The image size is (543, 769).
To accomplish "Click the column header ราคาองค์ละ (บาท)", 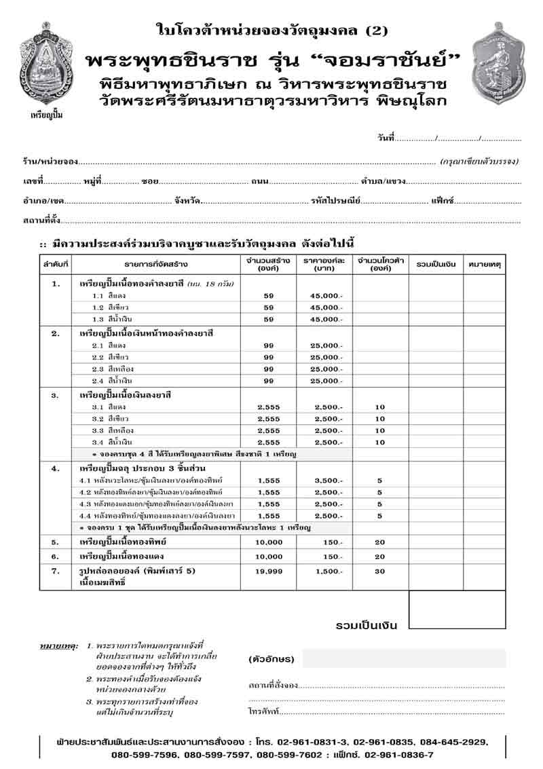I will click(x=324, y=264).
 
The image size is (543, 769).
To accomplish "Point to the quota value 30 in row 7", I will click(x=379, y=571).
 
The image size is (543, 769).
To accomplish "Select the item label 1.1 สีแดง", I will click(x=107, y=295).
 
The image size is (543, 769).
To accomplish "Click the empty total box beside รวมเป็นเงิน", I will click(x=457, y=609).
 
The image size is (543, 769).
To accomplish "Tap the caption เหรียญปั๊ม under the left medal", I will click(x=46, y=115).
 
